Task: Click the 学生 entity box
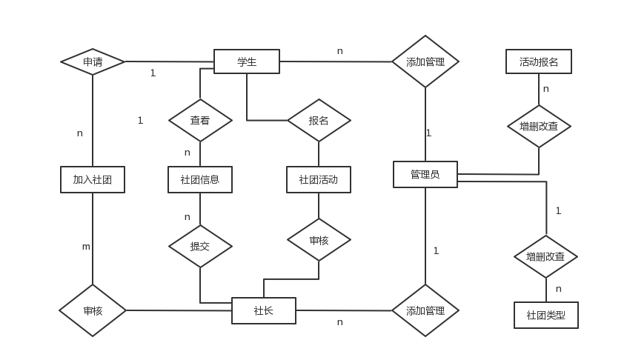coord(247,61)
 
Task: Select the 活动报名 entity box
coord(539,61)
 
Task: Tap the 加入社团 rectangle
coord(93,179)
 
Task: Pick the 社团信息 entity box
coord(200,179)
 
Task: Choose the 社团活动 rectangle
coord(319,179)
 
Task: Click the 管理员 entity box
coord(425,174)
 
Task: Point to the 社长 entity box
coord(264,310)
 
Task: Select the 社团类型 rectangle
coord(546,315)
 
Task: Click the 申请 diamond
coord(93,61)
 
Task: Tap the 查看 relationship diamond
coord(200,120)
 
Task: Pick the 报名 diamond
coord(319,120)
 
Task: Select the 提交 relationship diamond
coord(200,246)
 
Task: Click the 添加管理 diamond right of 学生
coord(425,61)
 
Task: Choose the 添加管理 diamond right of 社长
coord(425,310)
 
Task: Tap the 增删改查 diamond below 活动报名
coord(539,126)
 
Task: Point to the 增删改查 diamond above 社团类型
coord(546,256)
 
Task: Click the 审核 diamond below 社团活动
coord(319,240)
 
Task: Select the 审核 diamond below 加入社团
coord(93,310)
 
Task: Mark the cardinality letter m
coord(86,247)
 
